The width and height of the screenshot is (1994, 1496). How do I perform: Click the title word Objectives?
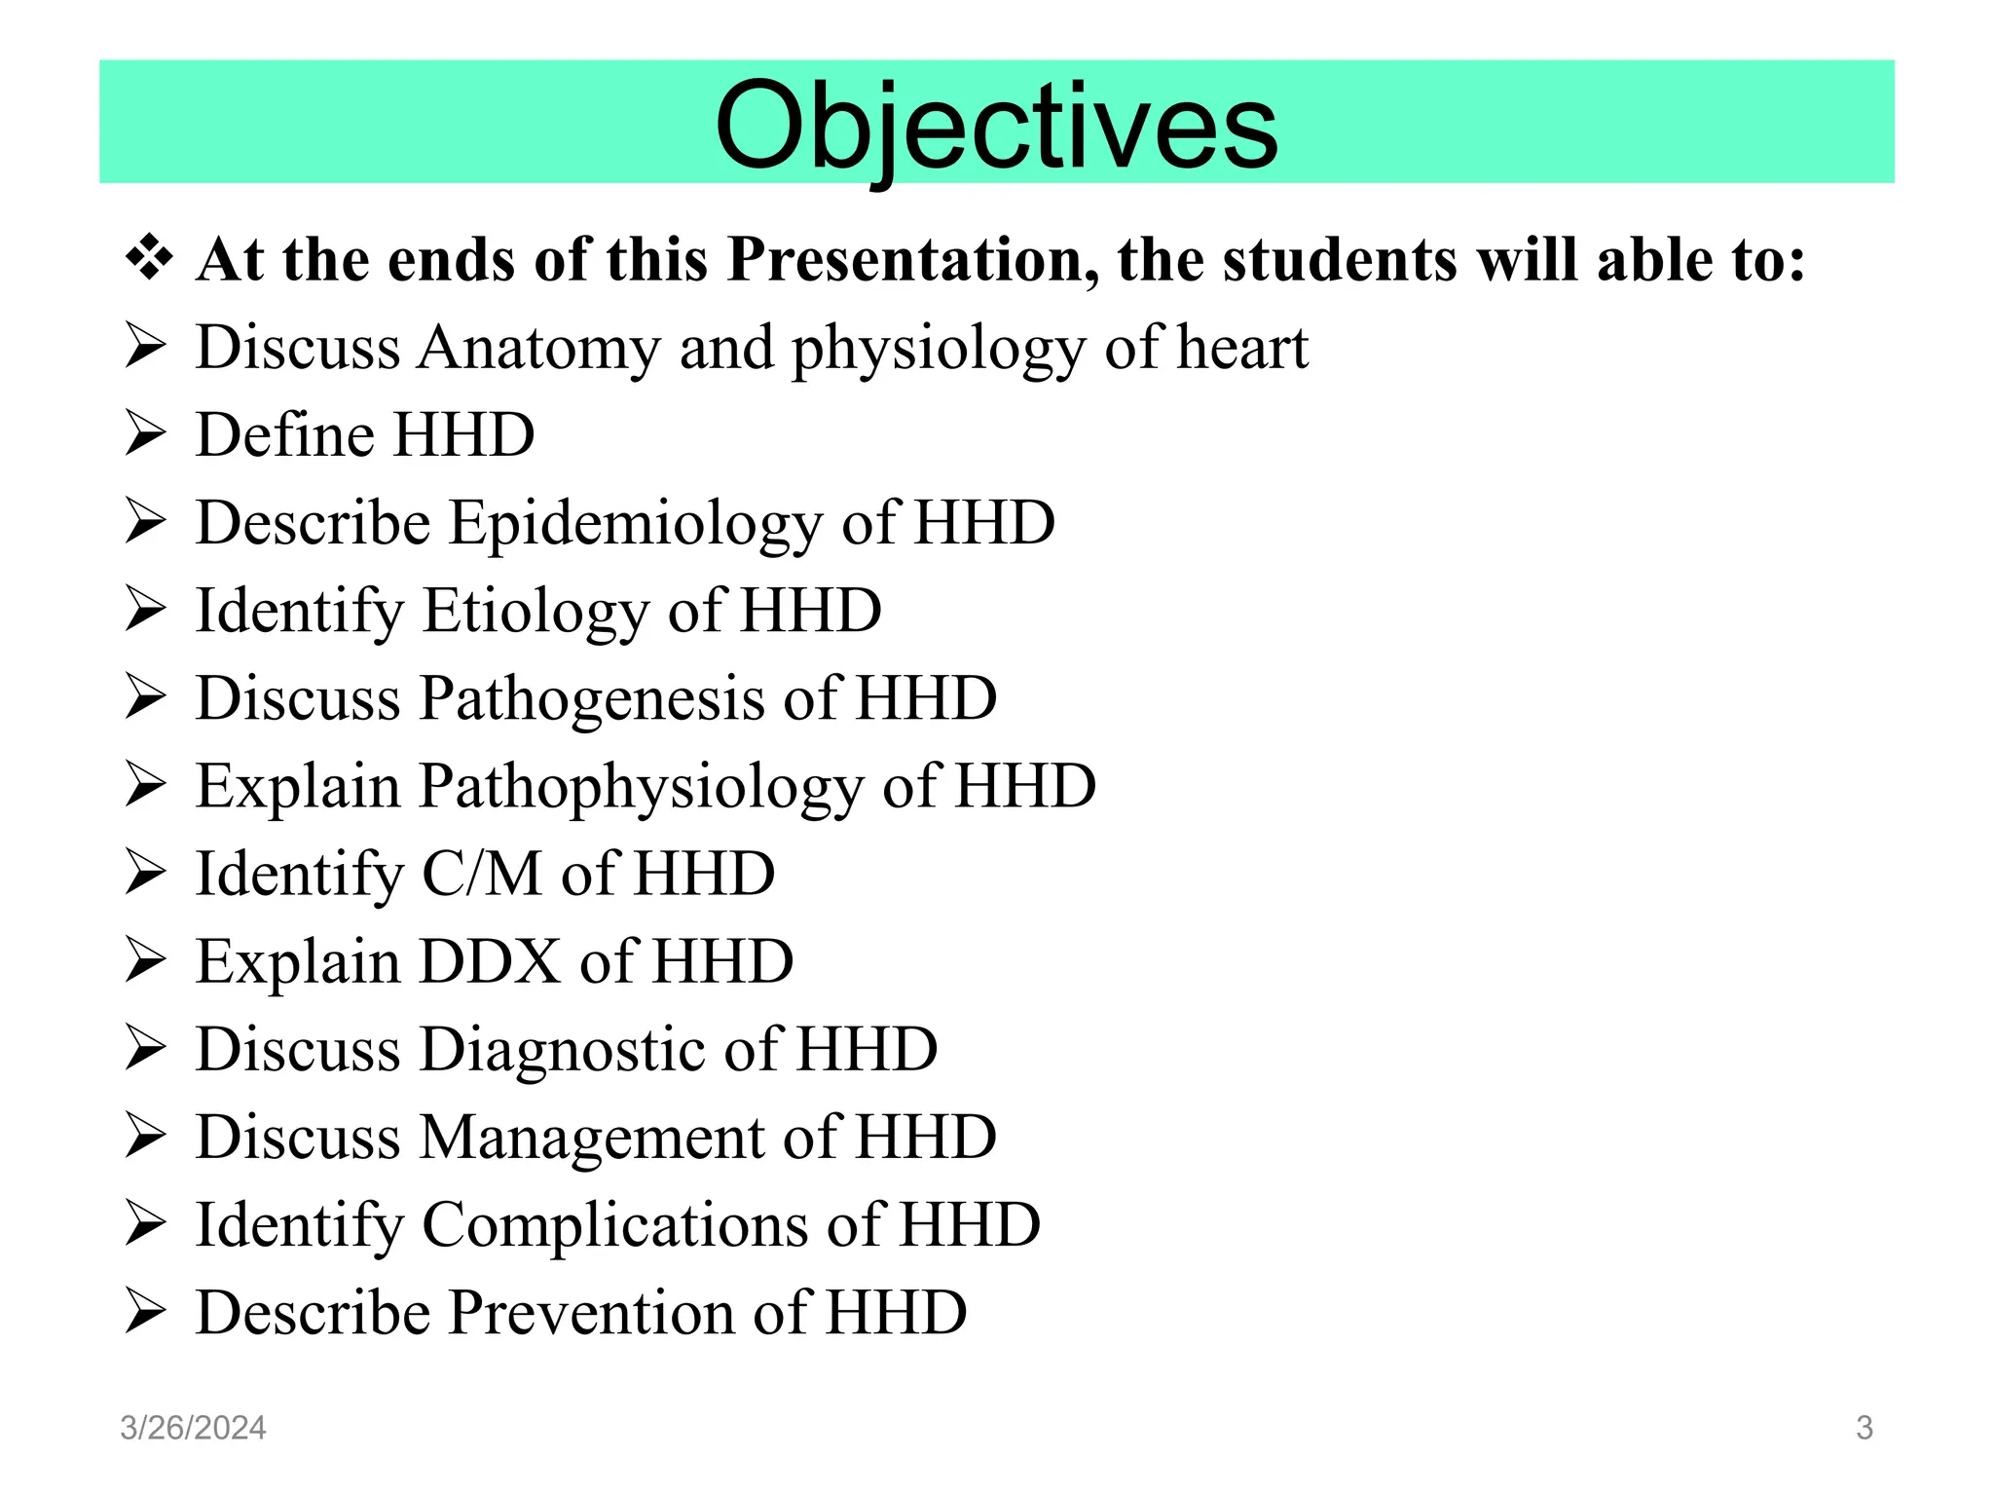[996, 126]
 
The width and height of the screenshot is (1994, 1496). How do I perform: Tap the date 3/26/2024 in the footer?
[193, 1428]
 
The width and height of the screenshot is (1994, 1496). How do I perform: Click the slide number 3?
[1864, 1428]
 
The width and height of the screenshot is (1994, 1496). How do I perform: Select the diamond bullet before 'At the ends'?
[149, 259]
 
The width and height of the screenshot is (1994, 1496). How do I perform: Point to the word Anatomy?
[538, 349]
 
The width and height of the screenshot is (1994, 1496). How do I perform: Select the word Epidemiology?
[635, 524]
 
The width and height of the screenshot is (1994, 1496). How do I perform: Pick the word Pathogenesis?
[592, 699]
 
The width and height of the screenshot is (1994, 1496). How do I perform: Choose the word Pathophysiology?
[641, 787]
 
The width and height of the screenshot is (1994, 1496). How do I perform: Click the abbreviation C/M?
[481, 874]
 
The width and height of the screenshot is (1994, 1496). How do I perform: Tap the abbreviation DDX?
[490, 961]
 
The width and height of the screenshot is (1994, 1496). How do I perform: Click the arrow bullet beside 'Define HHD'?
[146, 434]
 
